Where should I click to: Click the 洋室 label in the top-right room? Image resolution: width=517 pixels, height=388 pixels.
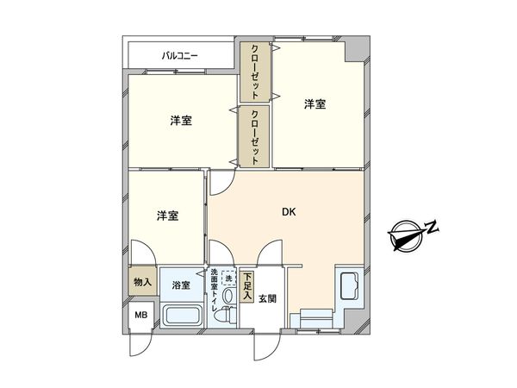pos(315,104)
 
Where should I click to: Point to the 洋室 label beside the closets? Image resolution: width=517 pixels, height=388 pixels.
pos(180,122)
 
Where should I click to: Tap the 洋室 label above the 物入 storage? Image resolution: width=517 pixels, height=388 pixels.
pos(167,216)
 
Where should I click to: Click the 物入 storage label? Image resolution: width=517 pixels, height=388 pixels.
pos(143,283)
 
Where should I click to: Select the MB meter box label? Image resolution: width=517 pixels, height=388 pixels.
pos(140,316)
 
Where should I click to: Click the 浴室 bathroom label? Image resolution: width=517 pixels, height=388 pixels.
pos(181,285)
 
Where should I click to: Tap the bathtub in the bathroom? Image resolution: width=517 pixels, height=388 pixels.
pos(181,315)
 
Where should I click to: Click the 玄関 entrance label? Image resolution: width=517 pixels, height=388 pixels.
pos(267,299)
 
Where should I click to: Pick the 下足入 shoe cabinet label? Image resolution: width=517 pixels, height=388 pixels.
pos(247,287)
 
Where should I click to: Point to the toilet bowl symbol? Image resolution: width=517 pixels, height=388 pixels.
pos(227,315)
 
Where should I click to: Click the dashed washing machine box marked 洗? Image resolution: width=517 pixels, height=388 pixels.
pos(229,278)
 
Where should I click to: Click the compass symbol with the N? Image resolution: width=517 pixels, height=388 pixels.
pos(406,235)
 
